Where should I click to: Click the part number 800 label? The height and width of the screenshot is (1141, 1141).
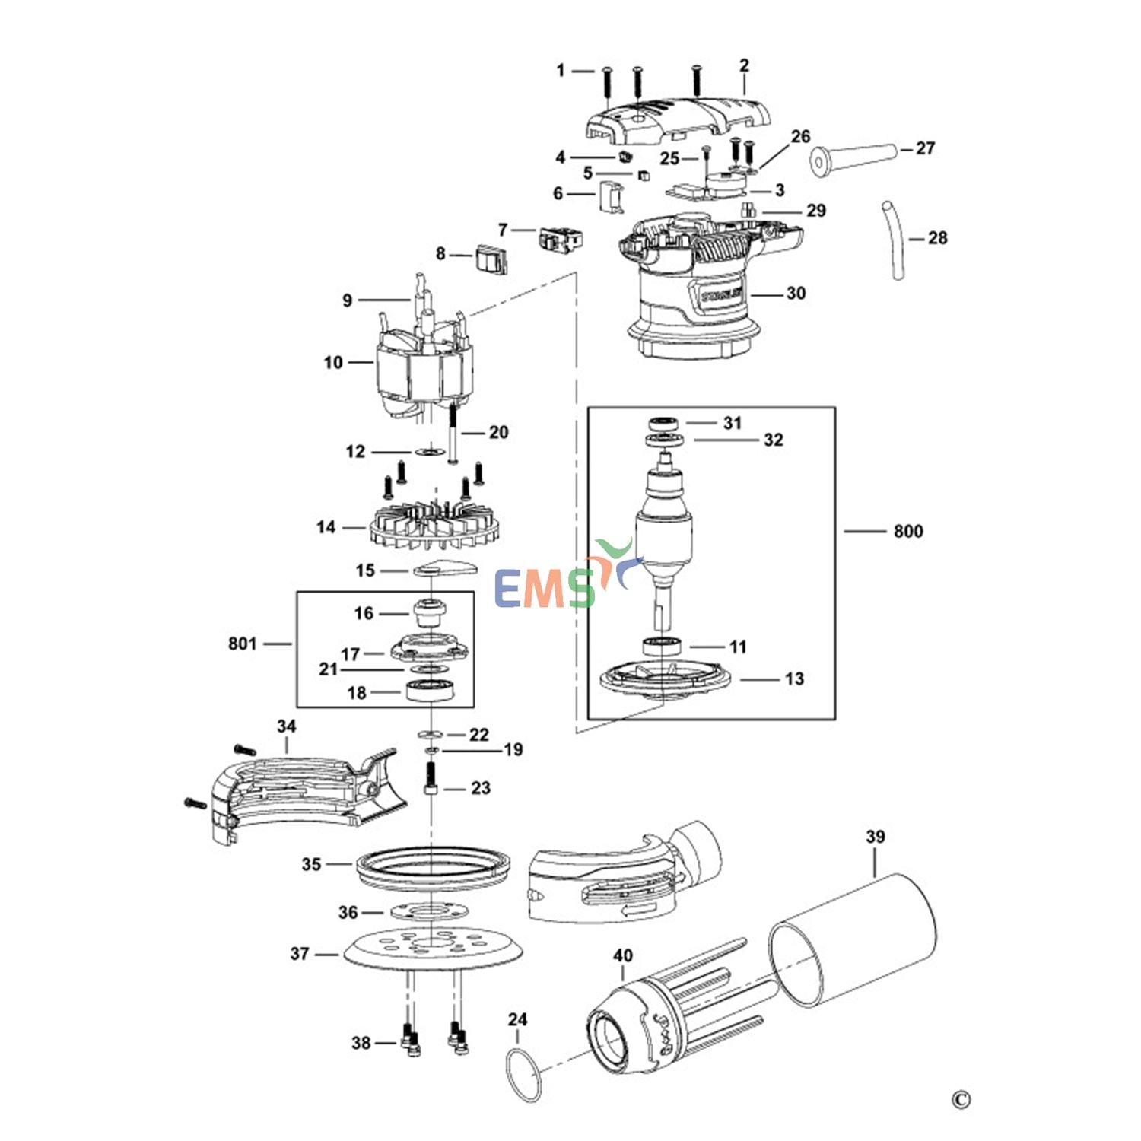tap(908, 531)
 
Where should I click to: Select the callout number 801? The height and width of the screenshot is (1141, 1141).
tap(243, 644)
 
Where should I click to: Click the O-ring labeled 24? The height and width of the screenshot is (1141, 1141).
tap(523, 1074)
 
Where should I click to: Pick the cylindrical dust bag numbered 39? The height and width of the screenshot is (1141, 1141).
tap(852, 940)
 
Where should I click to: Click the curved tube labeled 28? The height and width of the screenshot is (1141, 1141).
tap(894, 240)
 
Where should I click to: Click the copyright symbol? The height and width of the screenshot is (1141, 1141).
tap(961, 1100)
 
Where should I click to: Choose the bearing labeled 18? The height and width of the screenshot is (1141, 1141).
tap(431, 692)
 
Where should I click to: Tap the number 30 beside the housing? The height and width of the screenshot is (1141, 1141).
tap(796, 293)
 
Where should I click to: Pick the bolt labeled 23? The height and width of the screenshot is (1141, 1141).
tap(431, 780)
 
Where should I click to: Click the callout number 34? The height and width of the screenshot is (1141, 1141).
tap(286, 726)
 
